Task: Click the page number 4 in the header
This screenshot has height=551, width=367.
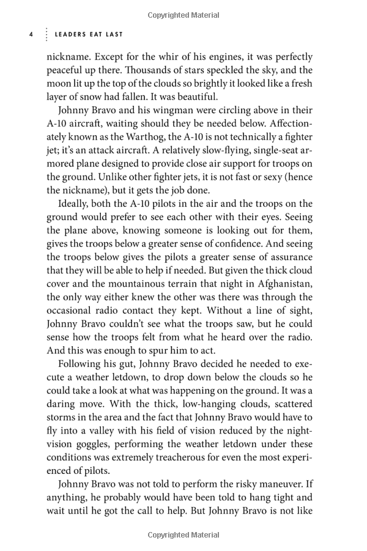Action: pyautogui.click(x=31, y=35)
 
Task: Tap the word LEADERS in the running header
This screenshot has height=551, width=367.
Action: pyautogui.click(x=72, y=35)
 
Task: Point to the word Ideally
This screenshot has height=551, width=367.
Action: pyautogui.click(x=76, y=204)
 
